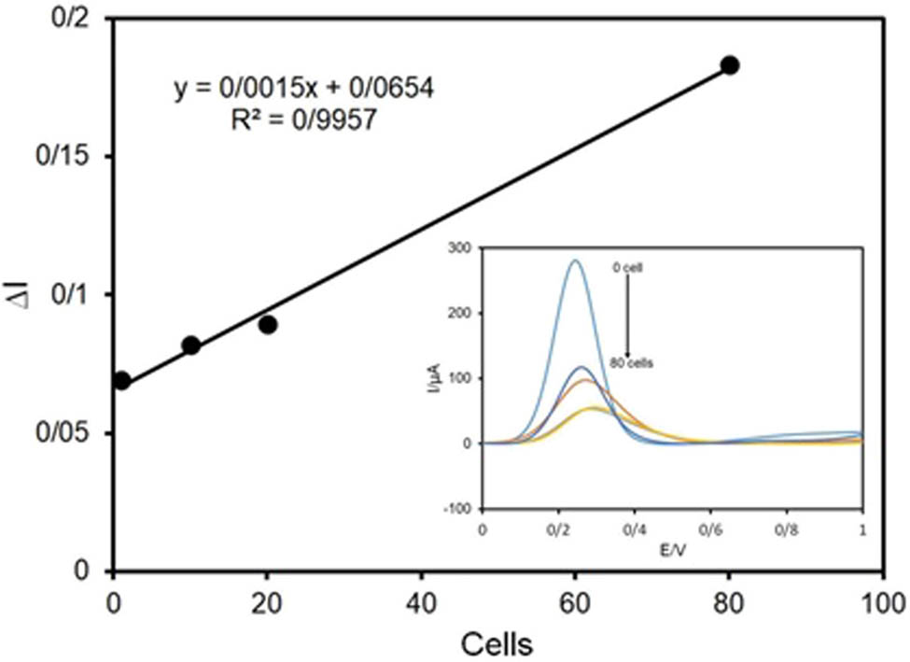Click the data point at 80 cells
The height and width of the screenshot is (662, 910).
730,65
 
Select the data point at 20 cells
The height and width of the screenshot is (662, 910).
268,325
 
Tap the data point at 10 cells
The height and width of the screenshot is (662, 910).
190,345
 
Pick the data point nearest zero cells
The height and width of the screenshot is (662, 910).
121,381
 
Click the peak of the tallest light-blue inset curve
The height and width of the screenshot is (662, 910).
576,261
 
